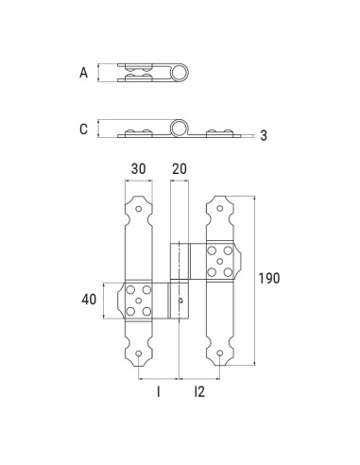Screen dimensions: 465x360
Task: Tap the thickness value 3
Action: coord(264,136)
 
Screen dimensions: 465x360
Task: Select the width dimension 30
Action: coord(138,167)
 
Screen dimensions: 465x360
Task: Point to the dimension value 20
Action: coord(179,167)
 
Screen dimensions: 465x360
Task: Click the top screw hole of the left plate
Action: coord(139,207)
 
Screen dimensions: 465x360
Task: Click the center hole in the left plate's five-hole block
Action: coord(139,300)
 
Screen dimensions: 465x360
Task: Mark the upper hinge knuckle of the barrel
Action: coord(180,261)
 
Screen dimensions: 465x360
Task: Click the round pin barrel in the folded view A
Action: coord(177,73)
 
